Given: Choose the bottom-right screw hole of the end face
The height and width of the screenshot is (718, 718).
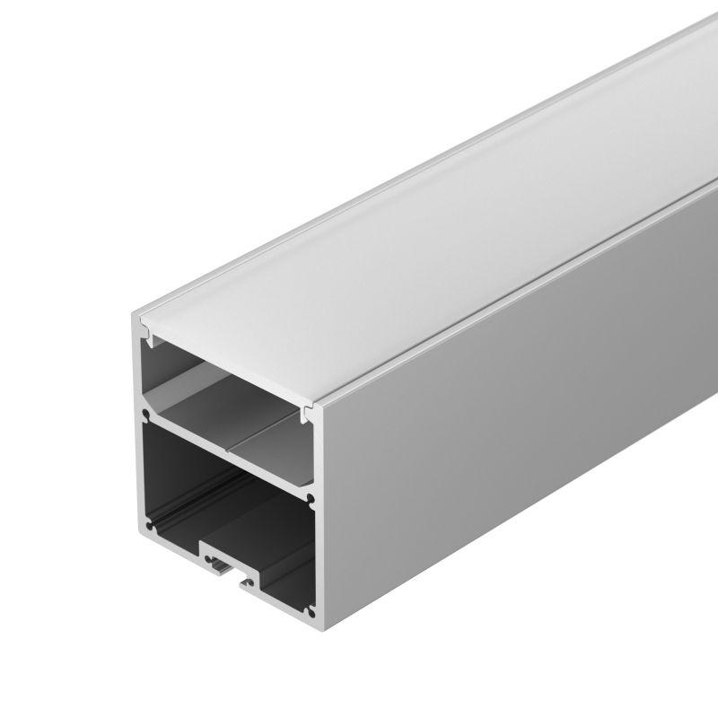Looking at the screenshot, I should pyautogui.click(x=310, y=612).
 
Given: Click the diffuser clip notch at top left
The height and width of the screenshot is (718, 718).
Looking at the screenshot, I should pyautogui.click(x=150, y=339).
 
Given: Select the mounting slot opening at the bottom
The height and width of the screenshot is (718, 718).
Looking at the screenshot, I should pyautogui.click(x=220, y=565).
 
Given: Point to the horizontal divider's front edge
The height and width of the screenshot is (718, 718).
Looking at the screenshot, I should pyautogui.click(x=224, y=454).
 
